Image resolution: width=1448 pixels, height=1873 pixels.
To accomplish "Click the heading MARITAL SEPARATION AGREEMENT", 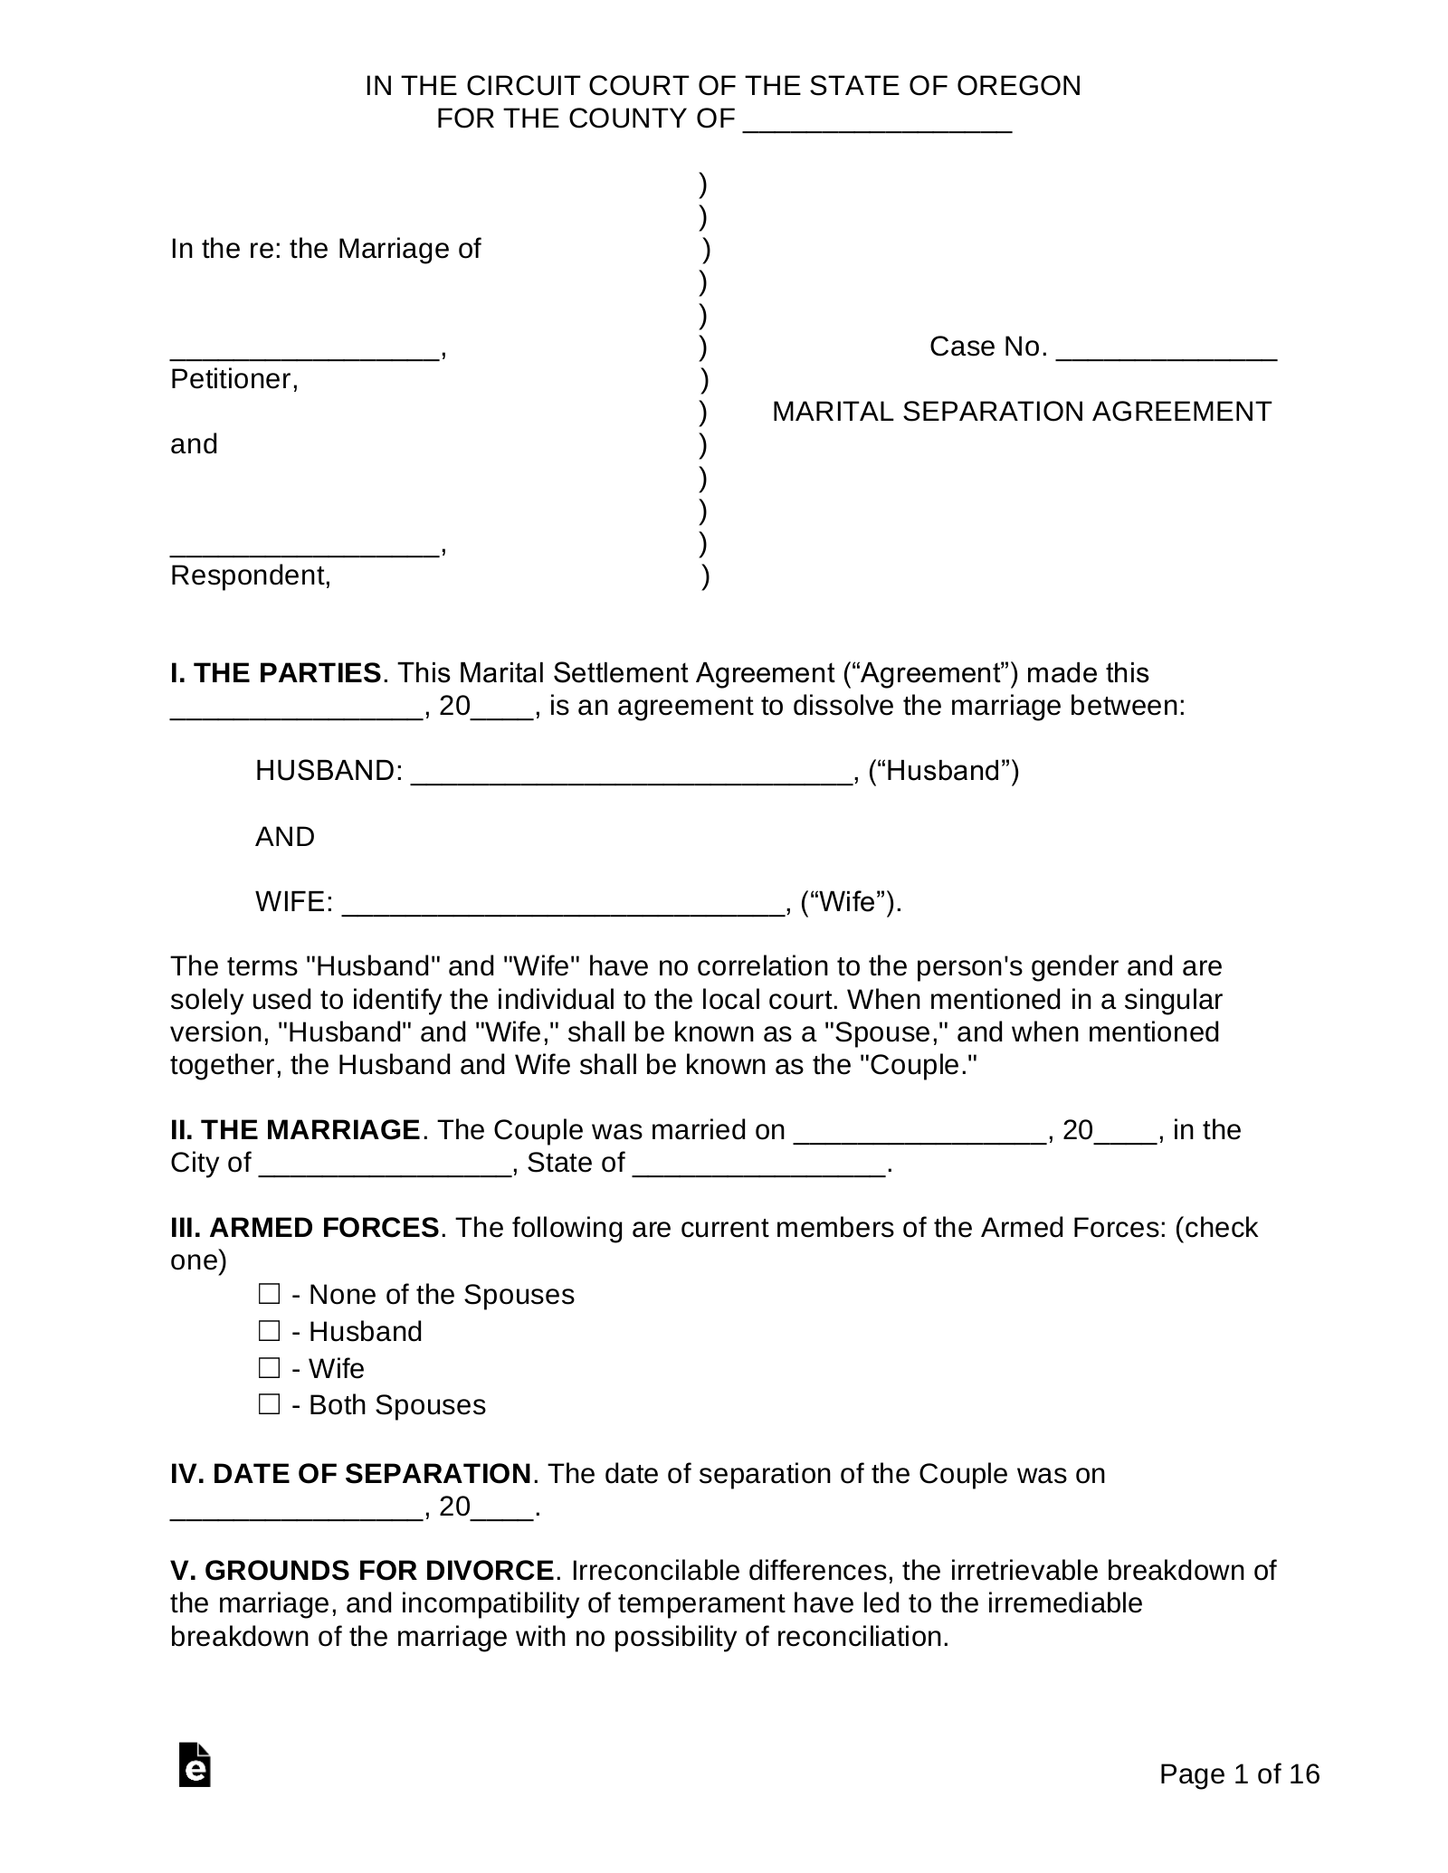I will (1021, 412).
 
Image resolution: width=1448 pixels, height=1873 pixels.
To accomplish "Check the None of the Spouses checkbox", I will (269, 1295).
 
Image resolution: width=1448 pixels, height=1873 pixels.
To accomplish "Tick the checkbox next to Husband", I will (269, 1331).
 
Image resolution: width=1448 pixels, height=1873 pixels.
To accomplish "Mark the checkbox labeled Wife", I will (269, 1368).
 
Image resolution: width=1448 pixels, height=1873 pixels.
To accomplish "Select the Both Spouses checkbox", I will (269, 1405).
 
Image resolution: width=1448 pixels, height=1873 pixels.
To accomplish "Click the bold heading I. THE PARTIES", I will (275, 673).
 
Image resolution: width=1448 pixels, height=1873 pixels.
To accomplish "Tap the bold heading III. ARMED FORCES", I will (305, 1228).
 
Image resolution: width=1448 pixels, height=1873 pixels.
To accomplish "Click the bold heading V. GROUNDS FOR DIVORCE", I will (362, 1570).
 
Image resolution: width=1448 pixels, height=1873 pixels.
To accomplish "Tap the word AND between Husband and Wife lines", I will (285, 837).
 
